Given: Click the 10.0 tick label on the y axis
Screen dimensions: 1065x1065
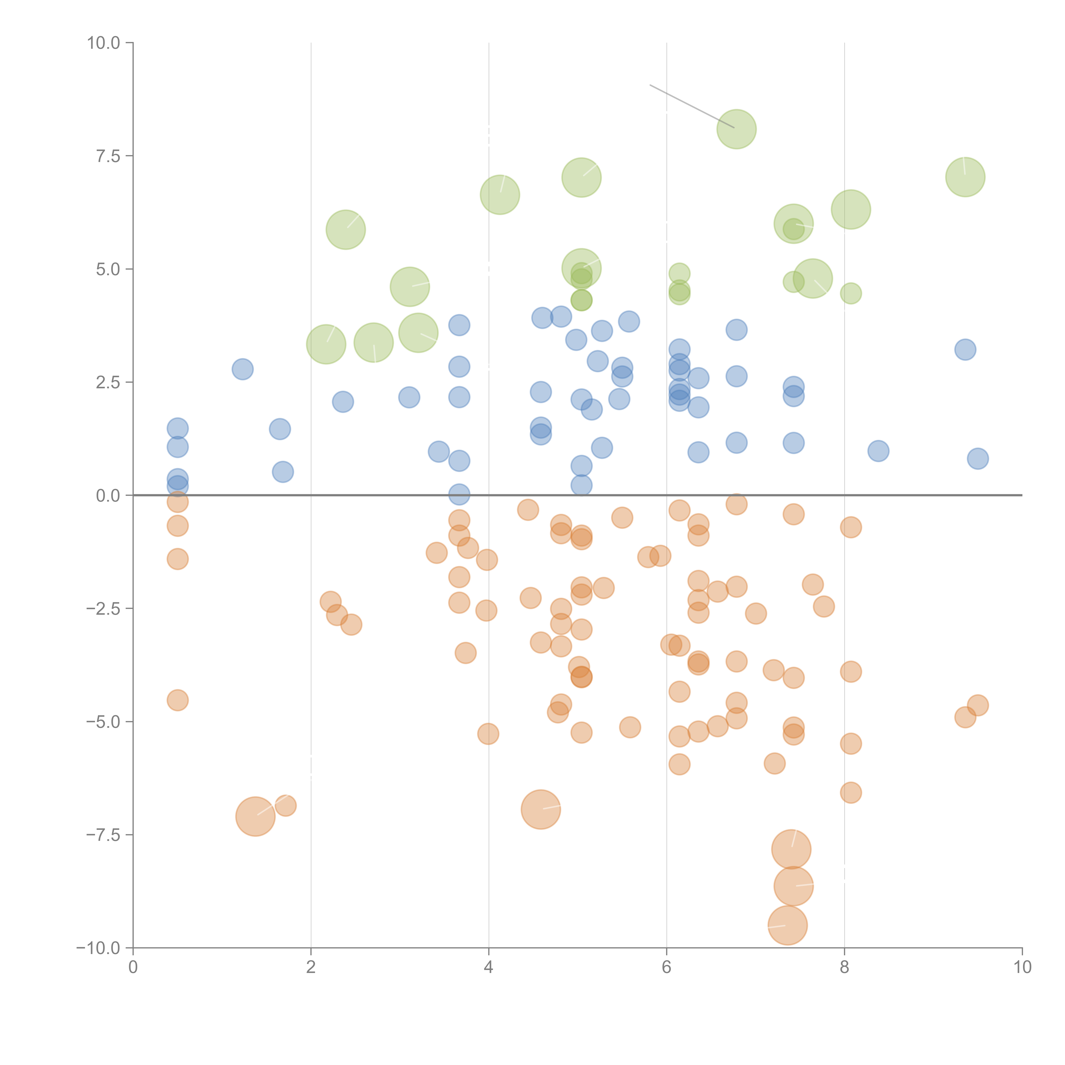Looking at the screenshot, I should click(x=104, y=43).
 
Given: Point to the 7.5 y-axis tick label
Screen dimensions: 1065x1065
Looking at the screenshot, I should click(x=108, y=156).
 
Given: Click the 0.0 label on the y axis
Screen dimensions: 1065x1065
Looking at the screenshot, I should click(x=108, y=496).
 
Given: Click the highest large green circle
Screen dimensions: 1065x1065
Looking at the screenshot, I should click(x=737, y=129).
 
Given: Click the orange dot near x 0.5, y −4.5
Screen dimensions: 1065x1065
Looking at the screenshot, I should click(x=177, y=700).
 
